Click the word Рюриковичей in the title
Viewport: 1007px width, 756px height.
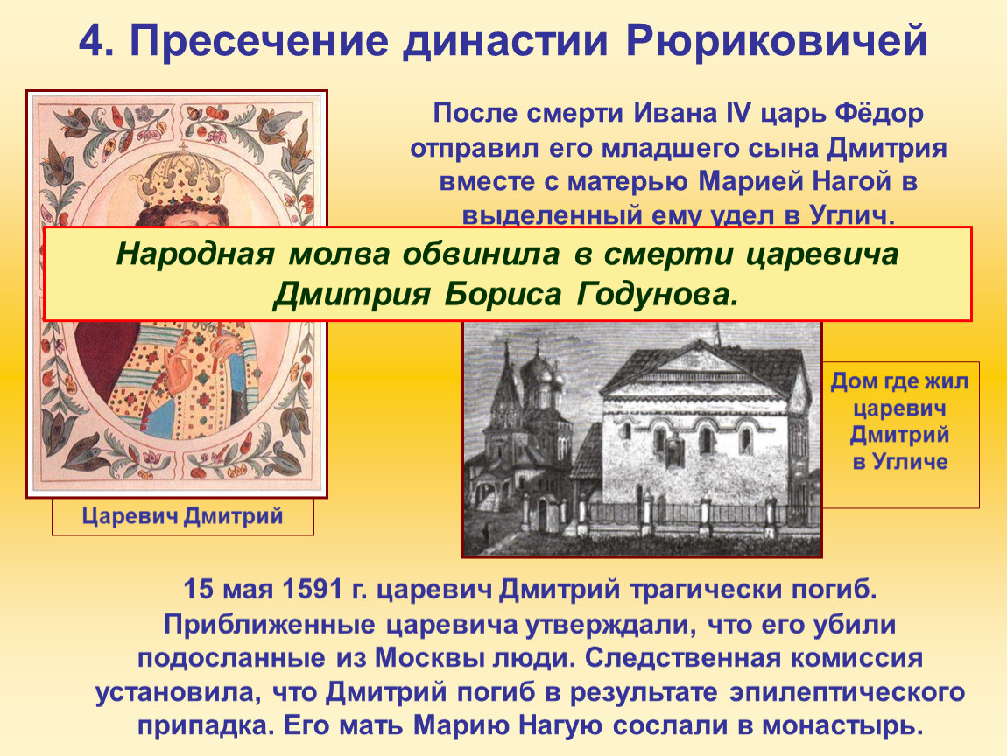pyautogui.click(x=776, y=42)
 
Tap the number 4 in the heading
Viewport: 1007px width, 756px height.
pyautogui.click(x=91, y=41)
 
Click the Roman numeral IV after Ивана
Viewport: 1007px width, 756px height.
pyautogui.click(x=738, y=113)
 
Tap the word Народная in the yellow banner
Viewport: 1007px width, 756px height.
pyautogui.click(x=195, y=254)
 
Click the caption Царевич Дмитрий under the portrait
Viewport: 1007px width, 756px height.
pyautogui.click(x=182, y=516)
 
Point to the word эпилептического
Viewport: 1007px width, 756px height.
pyautogui.click(x=847, y=693)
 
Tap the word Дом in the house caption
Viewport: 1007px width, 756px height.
pyautogui.click(x=854, y=381)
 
